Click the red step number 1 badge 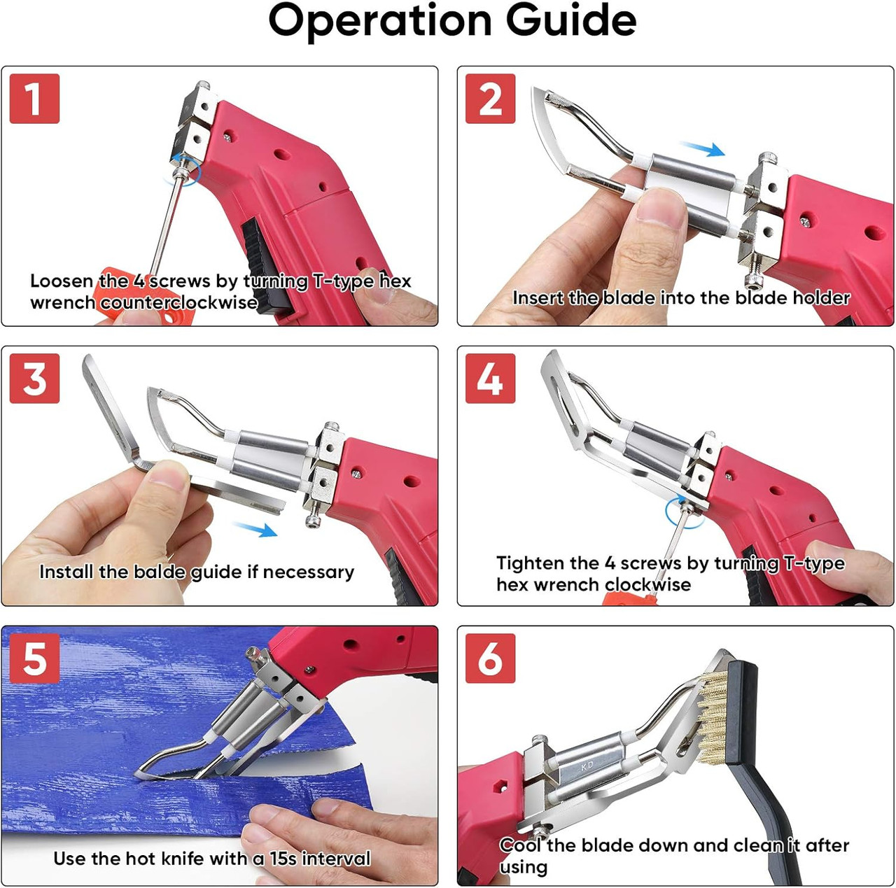[34, 99]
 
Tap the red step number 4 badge [490, 379]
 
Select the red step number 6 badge [490, 658]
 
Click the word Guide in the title [571, 21]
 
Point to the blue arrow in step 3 [255, 529]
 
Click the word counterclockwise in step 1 [178, 303]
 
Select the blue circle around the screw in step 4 [684, 512]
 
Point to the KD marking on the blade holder [587, 766]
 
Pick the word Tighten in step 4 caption [530, 563]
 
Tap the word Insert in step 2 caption [538, 298]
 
